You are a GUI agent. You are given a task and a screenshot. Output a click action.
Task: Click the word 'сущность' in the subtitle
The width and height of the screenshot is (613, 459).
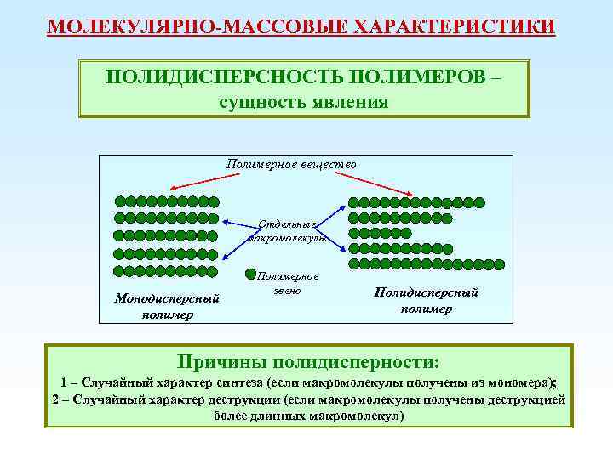coord(259,103)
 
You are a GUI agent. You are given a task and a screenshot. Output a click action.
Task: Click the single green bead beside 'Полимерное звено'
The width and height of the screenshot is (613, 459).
coord(249,275)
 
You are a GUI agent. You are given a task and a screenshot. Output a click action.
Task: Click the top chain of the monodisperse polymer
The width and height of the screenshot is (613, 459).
coord(167,202)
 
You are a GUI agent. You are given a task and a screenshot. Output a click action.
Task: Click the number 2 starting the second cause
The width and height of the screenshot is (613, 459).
coord(54,399)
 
